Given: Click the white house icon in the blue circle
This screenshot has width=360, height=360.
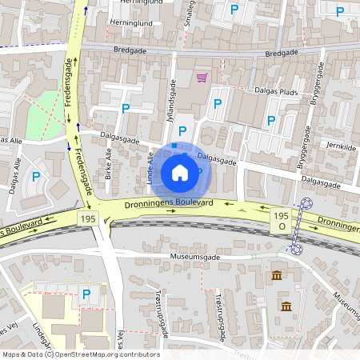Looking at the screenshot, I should point(180,172).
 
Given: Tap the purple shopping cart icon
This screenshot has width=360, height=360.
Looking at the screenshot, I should point(201,78).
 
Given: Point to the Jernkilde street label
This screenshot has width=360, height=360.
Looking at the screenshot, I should point(341,146).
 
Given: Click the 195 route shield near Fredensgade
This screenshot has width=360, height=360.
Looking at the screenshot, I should point(87,218).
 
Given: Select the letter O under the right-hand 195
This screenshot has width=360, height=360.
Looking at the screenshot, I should point(281,227).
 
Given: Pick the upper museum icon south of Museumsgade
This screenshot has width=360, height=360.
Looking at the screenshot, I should point(277,276).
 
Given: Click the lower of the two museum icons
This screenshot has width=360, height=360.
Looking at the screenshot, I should point(286,306).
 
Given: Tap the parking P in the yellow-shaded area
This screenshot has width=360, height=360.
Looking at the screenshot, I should point(86,294).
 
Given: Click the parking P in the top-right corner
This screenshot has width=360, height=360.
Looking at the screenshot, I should point(340,11).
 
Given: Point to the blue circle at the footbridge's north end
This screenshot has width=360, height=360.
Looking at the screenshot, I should point(306,204).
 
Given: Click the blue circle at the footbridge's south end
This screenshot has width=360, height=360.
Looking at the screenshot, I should point(295,249).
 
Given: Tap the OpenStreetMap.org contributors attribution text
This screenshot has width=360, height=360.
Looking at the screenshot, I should point(107,354).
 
